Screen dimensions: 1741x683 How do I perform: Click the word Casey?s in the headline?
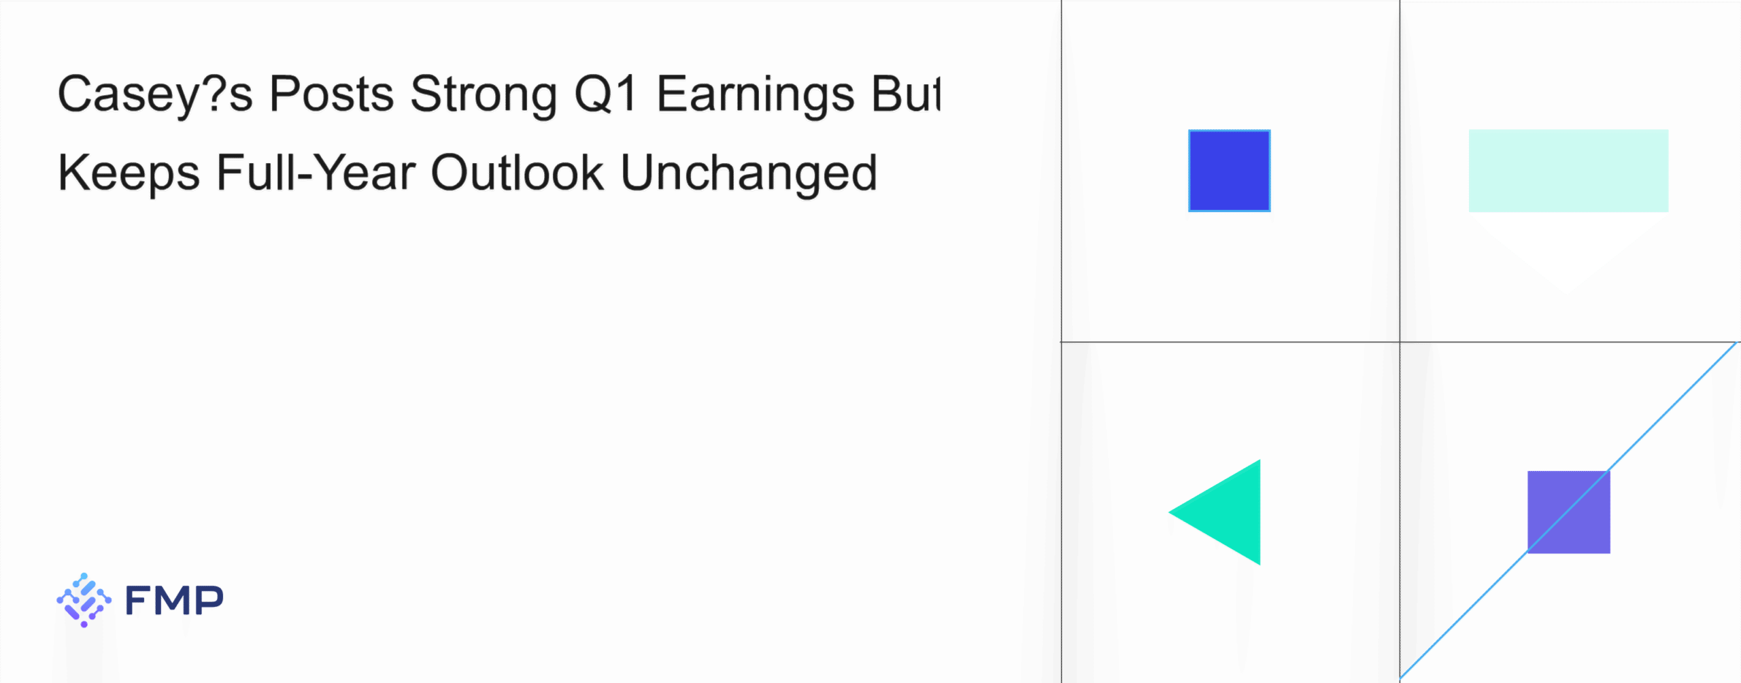[x=155, y=95]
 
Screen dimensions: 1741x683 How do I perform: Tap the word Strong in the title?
[x=484, y=95]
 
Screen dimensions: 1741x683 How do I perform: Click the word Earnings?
[x=755, y=95]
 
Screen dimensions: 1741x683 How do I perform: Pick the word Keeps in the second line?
[x=129, y=174]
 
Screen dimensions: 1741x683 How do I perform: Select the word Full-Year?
[x=316, y=173]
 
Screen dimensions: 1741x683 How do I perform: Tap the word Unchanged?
[x=749, y=174]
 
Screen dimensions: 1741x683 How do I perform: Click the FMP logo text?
[x=174, y=600]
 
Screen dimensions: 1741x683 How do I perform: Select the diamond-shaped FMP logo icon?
[x=84, y=600]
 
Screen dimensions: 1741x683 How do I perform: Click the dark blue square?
[x=1229, y=171]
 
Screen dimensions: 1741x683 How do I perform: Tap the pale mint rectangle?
[x=1568, y=171]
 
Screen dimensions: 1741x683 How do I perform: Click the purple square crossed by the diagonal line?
[x=1568, y=512]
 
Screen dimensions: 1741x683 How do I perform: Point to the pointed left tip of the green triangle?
[x=1169, y=512]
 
